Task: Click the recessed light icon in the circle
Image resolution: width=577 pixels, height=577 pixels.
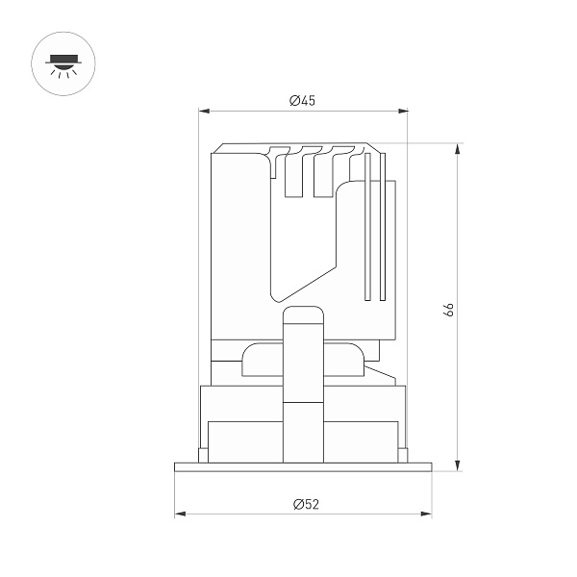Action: [x=63, y=63]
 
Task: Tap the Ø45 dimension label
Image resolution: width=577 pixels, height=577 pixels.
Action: [x=303, y=101]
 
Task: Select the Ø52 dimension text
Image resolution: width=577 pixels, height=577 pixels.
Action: [x=304, y=503]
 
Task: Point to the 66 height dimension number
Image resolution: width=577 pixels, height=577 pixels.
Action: [x=447, y=309]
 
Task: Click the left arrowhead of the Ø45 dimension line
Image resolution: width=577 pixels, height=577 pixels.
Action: [x=203, y=111]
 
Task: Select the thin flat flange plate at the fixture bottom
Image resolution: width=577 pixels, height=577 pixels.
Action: [x=303, y=467]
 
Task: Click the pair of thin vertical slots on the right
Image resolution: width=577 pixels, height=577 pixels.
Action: [x=375, y=240]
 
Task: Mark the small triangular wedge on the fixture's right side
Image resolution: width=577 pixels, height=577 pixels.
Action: [x=382, y=373]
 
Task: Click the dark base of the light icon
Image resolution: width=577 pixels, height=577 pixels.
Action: [x=63, y=59]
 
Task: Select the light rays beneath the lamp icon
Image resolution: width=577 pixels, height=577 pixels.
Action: [x=63, y=72]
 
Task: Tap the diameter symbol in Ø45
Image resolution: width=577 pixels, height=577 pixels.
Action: [x=292, y=101]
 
